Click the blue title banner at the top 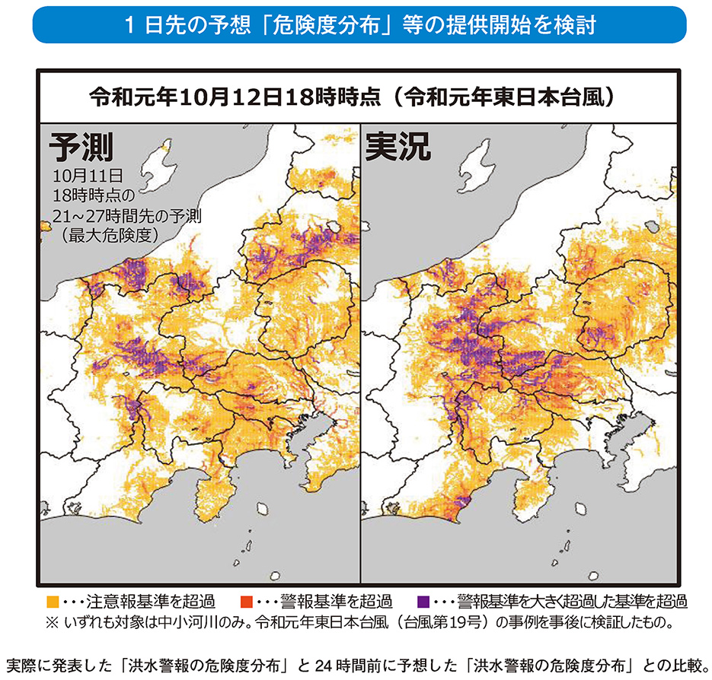click(356, 26)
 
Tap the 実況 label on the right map click(398, 148)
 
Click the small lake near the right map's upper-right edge click(650, 225)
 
